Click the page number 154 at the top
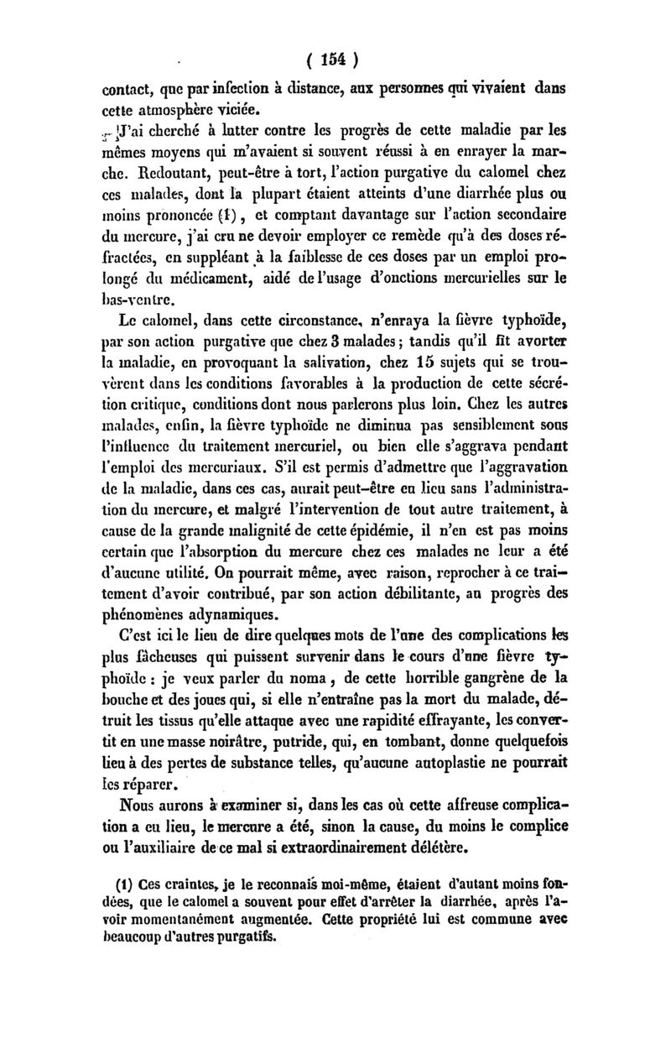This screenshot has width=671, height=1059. pyautogui.click(x=333, y=60)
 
